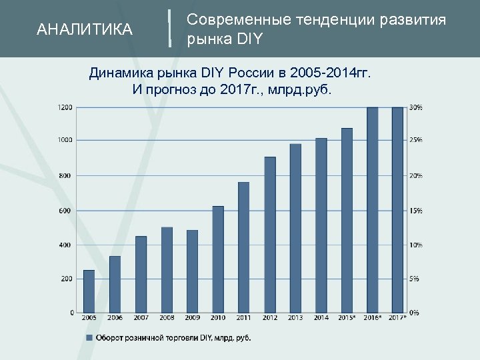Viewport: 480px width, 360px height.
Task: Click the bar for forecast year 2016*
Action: click(372, 210)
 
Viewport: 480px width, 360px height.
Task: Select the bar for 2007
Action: click(141, 274)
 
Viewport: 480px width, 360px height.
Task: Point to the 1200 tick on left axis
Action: click(65, 107)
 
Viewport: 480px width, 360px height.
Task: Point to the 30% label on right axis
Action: click(415, 107)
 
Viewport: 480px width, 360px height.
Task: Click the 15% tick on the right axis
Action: click(415, 211)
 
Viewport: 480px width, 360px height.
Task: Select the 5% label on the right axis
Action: click(414, 279)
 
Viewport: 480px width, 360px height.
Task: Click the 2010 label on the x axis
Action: click(218, 318)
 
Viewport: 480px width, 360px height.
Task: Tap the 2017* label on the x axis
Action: click(397, 318)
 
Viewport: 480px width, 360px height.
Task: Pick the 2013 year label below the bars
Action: click(295, 318)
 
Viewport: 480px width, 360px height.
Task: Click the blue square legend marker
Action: click(89, 338)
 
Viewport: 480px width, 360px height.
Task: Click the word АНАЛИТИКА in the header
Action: click(85, 29)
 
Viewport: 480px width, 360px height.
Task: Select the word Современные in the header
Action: click(231, 20)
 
